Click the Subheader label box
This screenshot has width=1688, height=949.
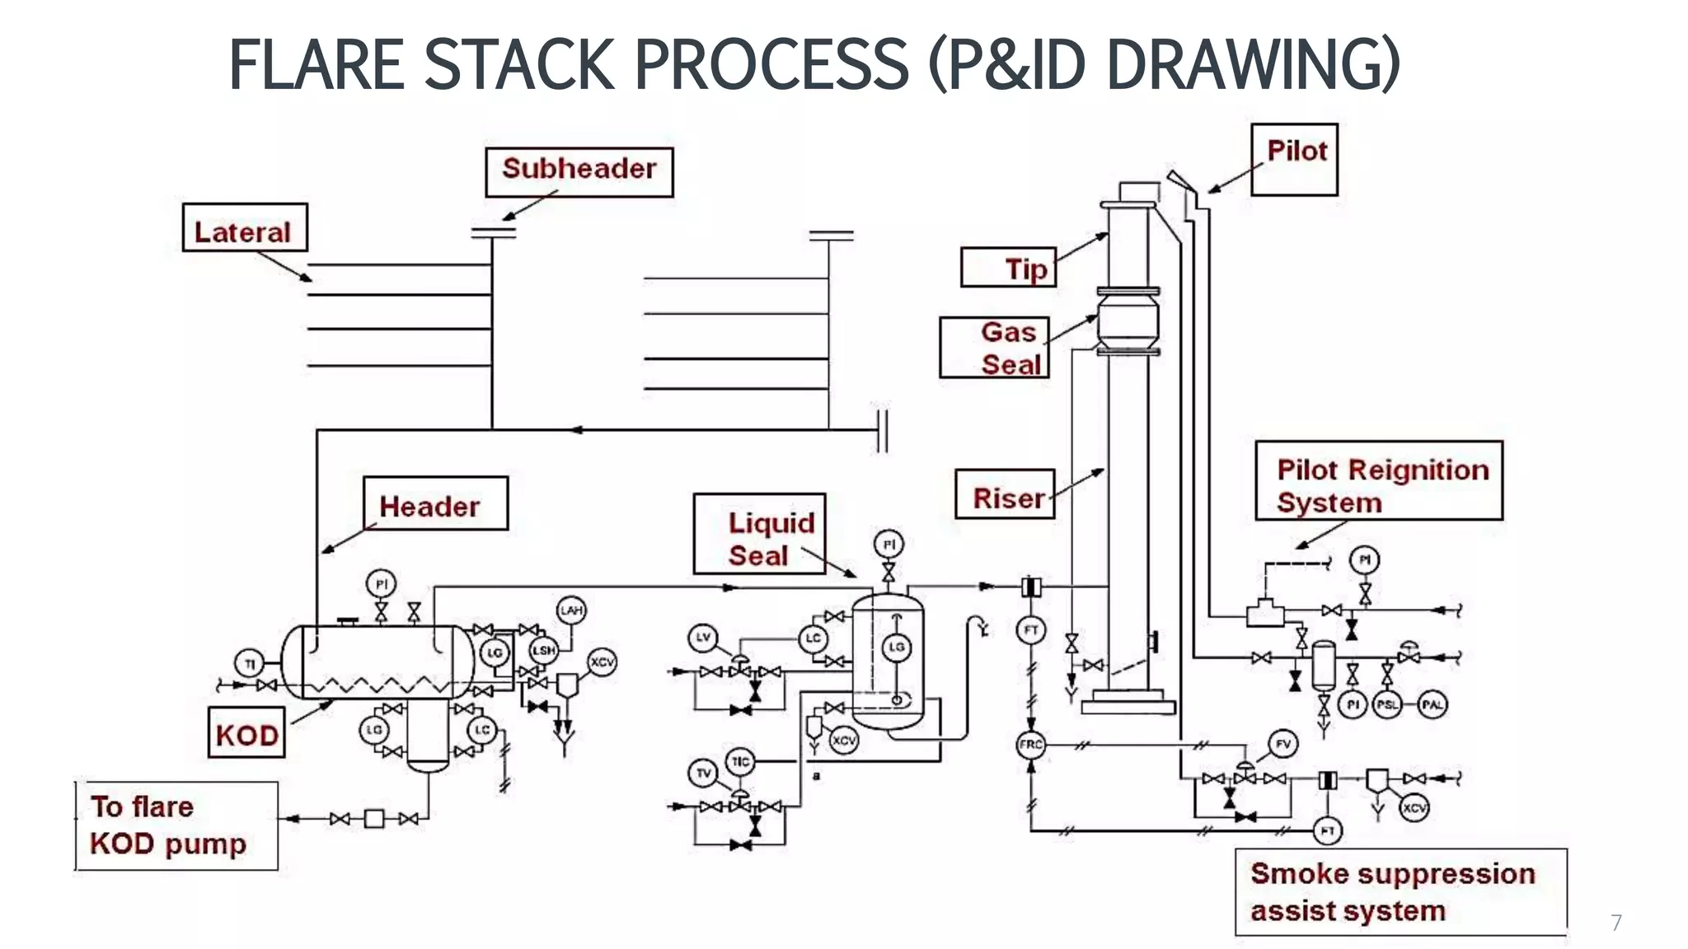(579, 171)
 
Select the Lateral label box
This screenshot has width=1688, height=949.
(244, 228)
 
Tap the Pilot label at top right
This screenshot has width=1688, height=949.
(1294, 159)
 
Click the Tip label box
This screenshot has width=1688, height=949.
(1008, 268)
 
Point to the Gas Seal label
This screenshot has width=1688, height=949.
(994, 348)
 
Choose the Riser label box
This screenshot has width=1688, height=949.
(1005, 494)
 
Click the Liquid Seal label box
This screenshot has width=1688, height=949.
(759, 534)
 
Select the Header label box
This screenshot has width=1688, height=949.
(435, 503)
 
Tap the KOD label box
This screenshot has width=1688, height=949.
(246, 732)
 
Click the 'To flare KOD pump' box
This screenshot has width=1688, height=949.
(176, 825)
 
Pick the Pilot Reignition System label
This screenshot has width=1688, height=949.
(1379, 481)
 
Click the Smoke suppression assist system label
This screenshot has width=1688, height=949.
(1400, 891)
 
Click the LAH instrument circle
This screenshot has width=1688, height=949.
(572, 610)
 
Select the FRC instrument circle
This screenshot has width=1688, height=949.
(1031, 745)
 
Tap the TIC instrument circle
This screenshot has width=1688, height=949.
(739, 761)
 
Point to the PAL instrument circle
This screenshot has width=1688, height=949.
(1432, 704)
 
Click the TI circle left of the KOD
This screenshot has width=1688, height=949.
(250, 662)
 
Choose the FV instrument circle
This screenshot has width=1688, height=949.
(1283, 744)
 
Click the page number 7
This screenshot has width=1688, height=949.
(1616, 922)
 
